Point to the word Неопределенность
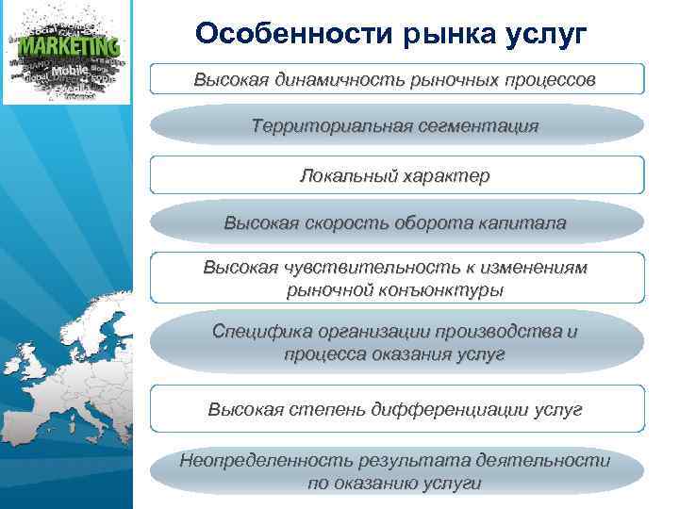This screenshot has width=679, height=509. pos(265,460)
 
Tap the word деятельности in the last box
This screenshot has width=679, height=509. pos(543,460)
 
